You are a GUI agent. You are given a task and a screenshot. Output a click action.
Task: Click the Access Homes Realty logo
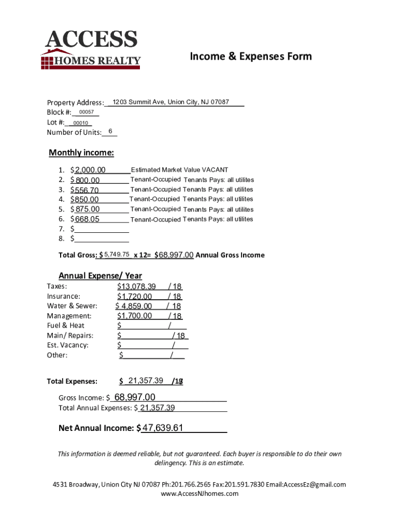pyautogui.click(x=91, y=50)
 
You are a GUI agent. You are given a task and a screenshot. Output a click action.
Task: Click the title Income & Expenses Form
pyautogui.click(x=251, y=56)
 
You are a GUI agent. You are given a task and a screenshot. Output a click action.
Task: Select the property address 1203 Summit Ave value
pyautogui.click(x=170, y=102)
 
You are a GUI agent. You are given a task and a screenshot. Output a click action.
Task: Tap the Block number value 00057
pyautogui.click(x=87, y=113)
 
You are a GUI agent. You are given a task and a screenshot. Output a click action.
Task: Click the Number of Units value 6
pyautogui.click(x=110, y=132)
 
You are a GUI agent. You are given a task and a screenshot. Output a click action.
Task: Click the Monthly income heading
pyautogui.click(x=81, y=152)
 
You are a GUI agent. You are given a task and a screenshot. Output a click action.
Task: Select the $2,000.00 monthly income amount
pyautogui.click(x=90, y=170)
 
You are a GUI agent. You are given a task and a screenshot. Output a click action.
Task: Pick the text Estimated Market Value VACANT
pyautogui.click(x=179, y=170)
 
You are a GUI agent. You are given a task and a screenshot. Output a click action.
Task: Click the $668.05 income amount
pyautogui.click(x=87, y=219)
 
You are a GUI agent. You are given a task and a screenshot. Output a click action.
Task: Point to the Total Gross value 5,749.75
pyautogui.click(x=117, y=255)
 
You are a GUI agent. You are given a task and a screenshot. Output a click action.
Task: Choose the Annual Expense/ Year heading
pyautogui.click(x=100, y=275)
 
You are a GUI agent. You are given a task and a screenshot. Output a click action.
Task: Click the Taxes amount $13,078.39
pyautogui.click(x=136, y=287)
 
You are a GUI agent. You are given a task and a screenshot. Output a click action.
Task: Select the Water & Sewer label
pyautogui.click(x=72, y=306)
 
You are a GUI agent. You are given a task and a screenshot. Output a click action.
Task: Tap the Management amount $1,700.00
pyautogui.click(x=135, y=316)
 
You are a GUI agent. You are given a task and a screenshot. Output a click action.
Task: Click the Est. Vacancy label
pyautogui.click(x=67, y=345)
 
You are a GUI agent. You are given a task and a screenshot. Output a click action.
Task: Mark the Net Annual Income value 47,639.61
pyautogui.click(x=163, y=428)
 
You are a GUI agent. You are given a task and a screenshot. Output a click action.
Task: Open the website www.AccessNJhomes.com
pyautogui.click(x=199, y=494)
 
